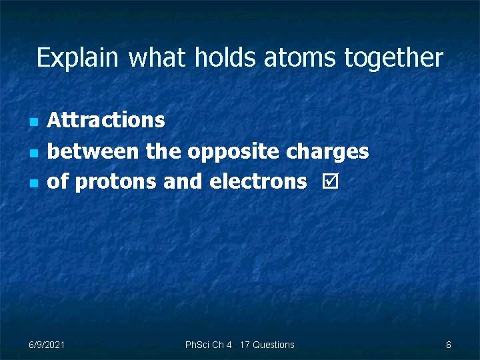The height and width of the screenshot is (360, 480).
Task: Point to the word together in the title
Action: point(393,58)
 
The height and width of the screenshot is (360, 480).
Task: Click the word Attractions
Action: point(106,120)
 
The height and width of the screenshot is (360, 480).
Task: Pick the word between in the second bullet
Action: point(93,151)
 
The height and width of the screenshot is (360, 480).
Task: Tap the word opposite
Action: point(233,152)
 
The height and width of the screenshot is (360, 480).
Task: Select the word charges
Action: point(327,152)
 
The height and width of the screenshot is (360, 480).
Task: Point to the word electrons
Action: point(258,181)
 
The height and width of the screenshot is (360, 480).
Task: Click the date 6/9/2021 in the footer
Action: point(47,345)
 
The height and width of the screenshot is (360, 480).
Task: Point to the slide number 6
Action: point(449,345)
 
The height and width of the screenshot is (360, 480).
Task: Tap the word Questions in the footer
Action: point(273,345)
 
